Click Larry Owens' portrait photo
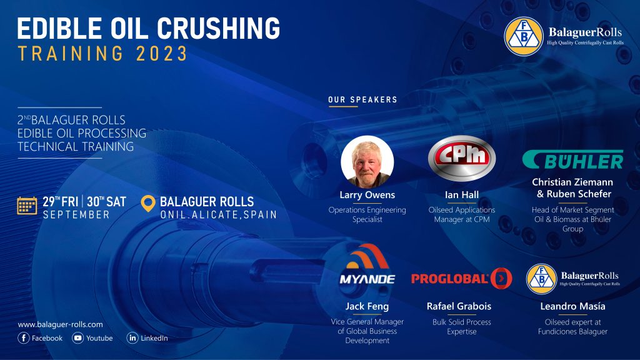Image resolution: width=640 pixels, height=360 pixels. coord(367,162)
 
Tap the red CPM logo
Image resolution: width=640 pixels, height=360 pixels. coord(462,158)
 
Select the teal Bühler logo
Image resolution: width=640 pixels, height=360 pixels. coord(572,159)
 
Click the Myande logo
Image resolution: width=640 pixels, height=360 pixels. coord(367,264)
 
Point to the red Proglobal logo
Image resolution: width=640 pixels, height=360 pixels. coord(462,278)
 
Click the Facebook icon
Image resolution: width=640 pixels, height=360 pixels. coord(24,338)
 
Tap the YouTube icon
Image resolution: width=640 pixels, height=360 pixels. coord(77,338)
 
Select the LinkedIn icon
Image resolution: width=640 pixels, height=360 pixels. coord(132,338)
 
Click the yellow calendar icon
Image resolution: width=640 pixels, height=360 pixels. coord(27,206)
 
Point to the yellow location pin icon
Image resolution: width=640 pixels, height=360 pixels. coord(147,203)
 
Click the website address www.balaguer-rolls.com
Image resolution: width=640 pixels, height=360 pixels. coord(61,324)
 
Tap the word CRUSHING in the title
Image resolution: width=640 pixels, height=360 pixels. coord(218,29)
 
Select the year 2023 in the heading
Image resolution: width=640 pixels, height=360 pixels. coord(162,54)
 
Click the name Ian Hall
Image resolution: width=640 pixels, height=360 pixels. coord(462,195)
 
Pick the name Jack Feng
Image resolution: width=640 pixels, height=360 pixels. coord(367,306)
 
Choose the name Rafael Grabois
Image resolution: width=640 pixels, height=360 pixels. coord(459,306)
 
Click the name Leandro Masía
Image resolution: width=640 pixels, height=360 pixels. coord(572,306)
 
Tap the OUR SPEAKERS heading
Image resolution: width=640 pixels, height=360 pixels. coord(363,99)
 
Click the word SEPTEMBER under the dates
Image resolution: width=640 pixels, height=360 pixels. coord(76,215)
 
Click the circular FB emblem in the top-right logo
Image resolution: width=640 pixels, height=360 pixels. coord(524,36)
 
